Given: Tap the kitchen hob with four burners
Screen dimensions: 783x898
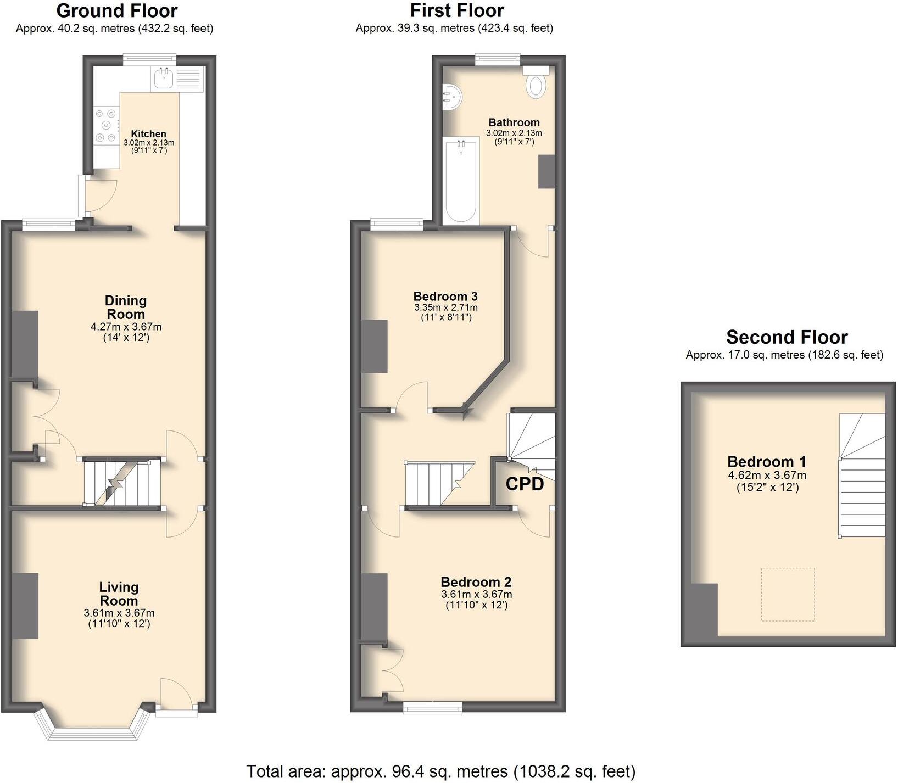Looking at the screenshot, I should tap(106, 126).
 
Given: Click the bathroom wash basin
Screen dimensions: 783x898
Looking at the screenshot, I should tap(453, 97).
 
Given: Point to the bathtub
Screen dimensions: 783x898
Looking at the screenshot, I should tap(461, 181).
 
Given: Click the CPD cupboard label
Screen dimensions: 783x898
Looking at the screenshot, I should tap(525, 484).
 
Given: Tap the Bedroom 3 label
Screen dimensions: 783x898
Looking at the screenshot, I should tap(445, 296).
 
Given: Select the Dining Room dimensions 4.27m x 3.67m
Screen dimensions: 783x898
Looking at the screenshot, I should tap(126, 327).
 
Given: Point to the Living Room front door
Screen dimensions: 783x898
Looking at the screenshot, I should tap(176, 695).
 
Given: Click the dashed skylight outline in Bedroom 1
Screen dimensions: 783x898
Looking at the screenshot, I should tap(788, 594).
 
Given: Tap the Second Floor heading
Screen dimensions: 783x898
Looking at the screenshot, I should tap(787, 337).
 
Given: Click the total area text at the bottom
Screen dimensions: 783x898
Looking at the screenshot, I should tap(440, 771).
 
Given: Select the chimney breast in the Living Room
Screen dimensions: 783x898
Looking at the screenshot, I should tap(25, 606).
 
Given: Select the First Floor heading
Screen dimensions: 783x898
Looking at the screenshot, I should tap(456, 10).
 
